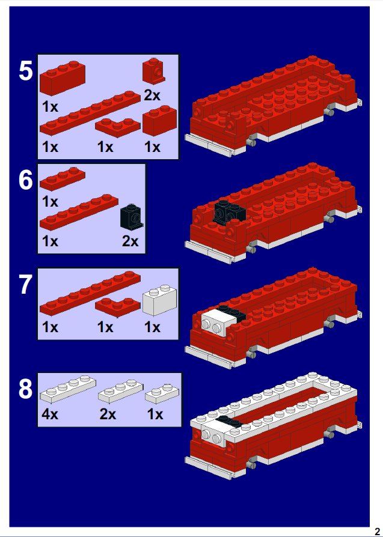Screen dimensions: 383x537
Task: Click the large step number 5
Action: [26, 71]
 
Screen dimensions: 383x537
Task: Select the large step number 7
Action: [26, 285]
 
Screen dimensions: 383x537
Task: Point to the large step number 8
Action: [26, 389]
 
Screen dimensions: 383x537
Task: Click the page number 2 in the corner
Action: [377, 532]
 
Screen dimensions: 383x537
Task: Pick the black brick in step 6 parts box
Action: [131, 217]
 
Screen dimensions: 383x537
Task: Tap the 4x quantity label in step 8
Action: [50, 414]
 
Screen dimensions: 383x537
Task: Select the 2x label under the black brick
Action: [130, 241]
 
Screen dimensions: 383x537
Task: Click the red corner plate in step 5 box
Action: [118, 127]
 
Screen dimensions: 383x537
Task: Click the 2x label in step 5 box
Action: [152, 96]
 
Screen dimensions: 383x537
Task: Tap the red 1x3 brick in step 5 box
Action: [63, 77]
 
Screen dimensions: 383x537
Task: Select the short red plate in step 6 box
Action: [63, 179]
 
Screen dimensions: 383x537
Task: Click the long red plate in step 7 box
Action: [90, 293]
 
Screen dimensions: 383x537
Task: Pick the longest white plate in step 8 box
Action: [68, 389]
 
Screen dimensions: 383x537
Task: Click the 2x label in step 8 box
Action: [108, 414]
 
